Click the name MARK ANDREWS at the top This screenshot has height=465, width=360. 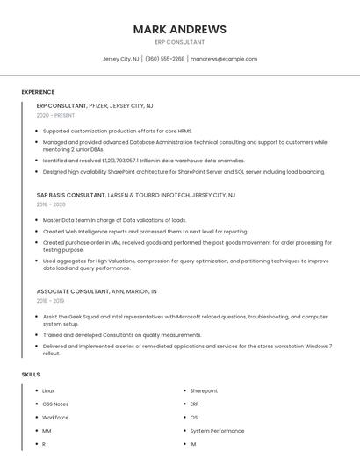pos(179,29)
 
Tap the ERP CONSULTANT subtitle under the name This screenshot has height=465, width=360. pos(179,42)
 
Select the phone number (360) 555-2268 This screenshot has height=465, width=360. pos(165,59)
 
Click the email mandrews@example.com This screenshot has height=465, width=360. pos(224,59)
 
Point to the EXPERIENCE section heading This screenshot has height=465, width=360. pos(38,92)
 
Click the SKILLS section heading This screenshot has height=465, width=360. pos(31,375)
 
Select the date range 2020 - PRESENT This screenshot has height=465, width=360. pos(55,116)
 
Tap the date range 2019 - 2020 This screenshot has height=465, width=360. pos(51,204)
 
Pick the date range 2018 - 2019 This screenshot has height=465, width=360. pos(50,301)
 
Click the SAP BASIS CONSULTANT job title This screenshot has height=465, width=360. pos(69,195)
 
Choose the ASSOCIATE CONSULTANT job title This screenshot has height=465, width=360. pos(73,291)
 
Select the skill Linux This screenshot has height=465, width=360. pos(48,390)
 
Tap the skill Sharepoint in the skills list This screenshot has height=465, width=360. pos(204,390)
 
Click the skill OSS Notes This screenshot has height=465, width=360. pos(55,404)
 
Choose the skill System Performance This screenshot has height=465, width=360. pos(217,431)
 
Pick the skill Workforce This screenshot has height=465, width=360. pos(55,418)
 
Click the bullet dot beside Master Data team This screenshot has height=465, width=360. pos(38,220)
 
